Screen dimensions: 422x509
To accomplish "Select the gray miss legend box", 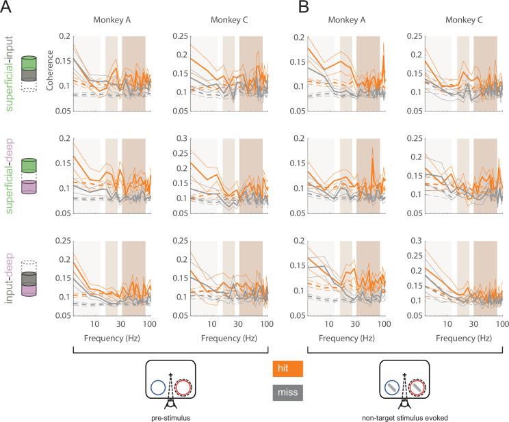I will (284, 393).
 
